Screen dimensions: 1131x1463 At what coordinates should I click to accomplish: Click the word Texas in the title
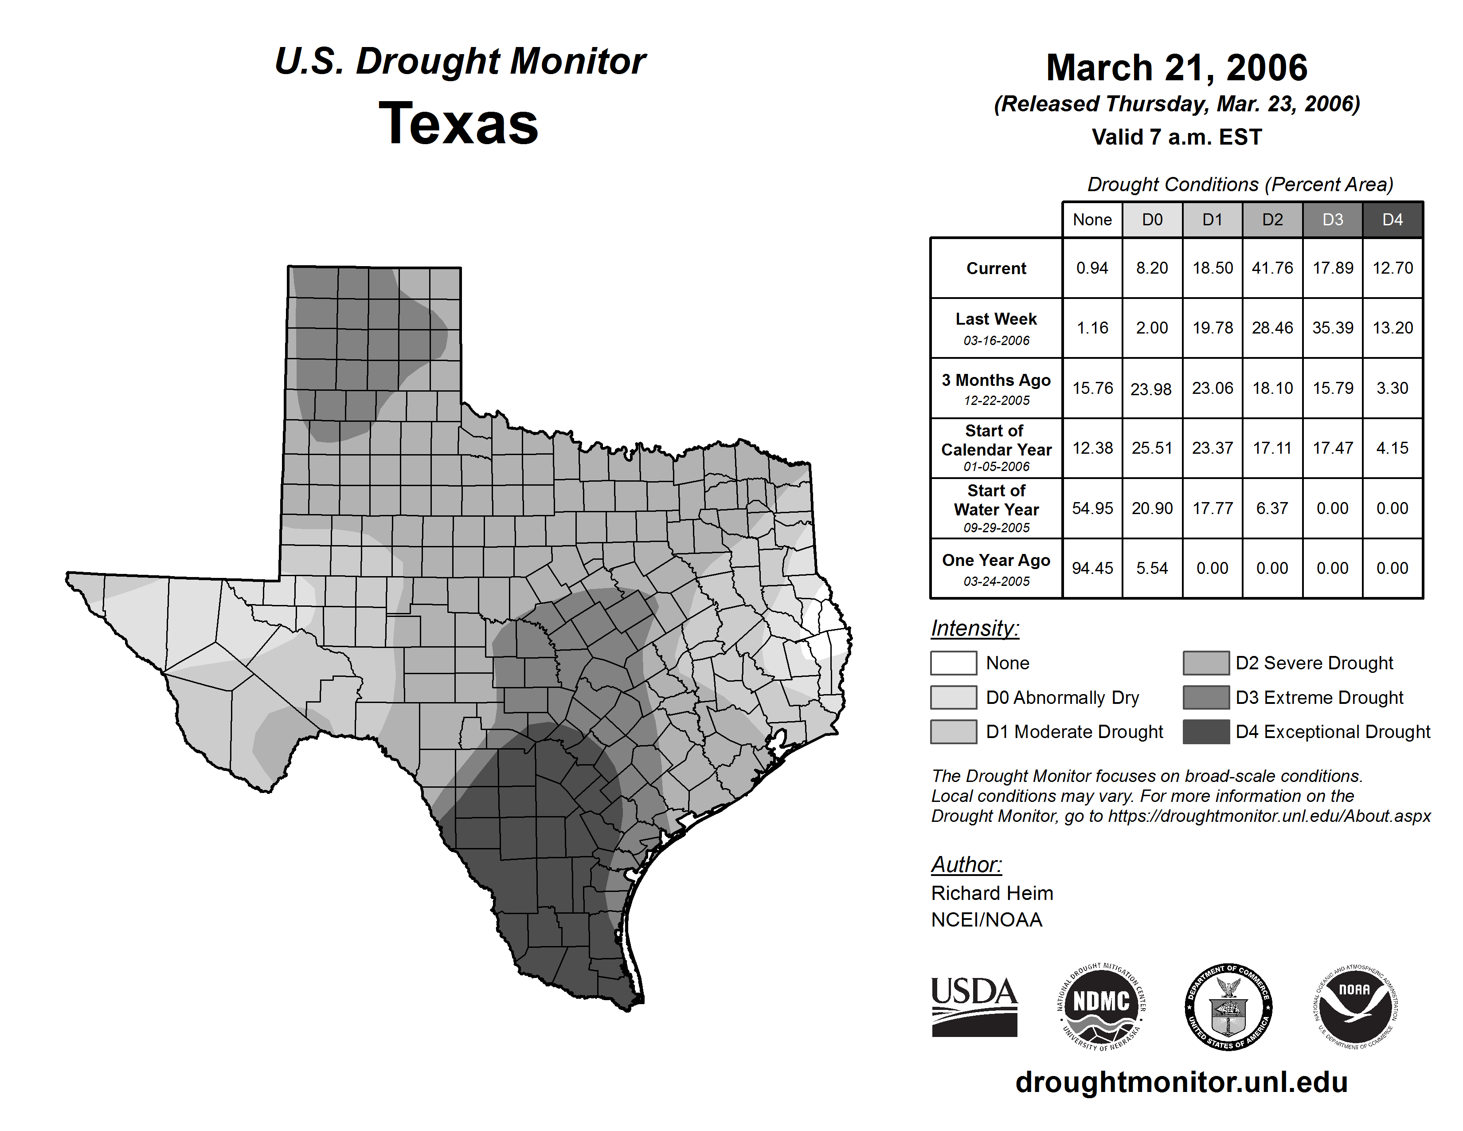458,123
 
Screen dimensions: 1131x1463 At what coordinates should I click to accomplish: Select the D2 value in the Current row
1272,268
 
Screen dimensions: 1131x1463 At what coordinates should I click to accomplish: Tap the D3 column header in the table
1332,220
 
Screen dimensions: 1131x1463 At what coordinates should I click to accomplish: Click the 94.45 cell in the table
1092,568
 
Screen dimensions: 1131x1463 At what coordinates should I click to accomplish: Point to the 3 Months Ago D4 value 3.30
1392,388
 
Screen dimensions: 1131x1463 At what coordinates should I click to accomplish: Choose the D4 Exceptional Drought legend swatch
1206,732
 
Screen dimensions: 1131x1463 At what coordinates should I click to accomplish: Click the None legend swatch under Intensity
953,663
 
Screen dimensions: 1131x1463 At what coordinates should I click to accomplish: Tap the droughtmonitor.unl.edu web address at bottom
1181,1082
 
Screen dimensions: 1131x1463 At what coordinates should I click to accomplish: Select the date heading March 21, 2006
1176,68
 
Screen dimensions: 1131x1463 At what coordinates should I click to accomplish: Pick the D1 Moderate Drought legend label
1075,732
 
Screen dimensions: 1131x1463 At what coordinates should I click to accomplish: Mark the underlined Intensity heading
974,628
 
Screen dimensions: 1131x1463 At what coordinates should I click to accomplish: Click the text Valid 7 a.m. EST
1176,137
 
